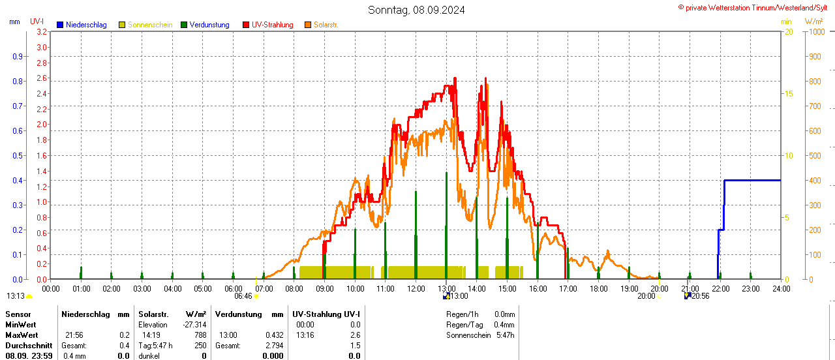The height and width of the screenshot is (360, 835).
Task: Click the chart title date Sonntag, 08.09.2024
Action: (x=416, y=10)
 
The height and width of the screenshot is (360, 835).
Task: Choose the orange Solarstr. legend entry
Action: (x=326, y=25)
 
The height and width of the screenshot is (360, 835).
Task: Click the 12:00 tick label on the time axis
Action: (x=416, y=288)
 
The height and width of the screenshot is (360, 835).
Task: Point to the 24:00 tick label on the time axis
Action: (x=781, y=288)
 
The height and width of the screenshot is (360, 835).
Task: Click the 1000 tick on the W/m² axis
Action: (x=815, y=31)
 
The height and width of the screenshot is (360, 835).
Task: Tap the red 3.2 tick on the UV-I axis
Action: (x=42, y=31)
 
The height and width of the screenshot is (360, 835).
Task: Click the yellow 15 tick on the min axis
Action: (x=789, y=93)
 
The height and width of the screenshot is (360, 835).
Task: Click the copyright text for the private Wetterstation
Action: (x=756, y=7)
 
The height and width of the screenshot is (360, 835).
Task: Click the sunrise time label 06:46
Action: (x=243, y=296)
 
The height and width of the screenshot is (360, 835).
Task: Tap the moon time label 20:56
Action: (x=701, y=296)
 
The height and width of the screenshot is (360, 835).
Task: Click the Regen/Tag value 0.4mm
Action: (x=504, y=325)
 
